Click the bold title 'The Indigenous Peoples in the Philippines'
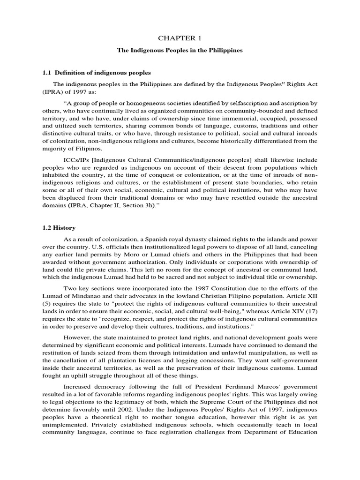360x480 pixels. click(x=180, y=51)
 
